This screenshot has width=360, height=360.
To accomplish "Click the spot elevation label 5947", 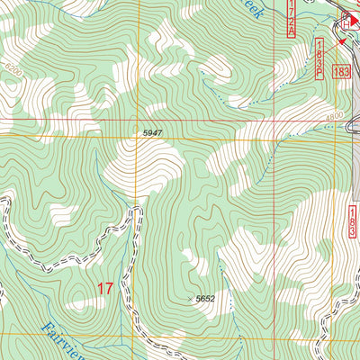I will tap(153, 132).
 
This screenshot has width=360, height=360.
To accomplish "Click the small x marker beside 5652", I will tap(189, 299).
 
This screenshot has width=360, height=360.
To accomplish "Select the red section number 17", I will tap(105, 289).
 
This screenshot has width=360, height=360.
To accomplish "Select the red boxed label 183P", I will tap(320, 59).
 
